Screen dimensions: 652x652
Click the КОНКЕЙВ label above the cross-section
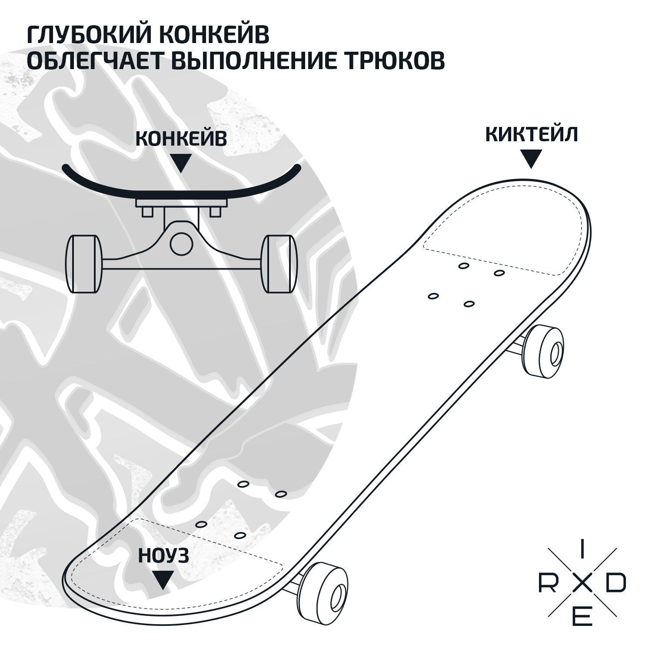click(181, 139)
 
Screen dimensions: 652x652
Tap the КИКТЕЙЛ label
click(531, 134)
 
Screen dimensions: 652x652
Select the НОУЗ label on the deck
click(163, 556)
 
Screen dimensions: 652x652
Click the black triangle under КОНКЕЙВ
click(182, 163)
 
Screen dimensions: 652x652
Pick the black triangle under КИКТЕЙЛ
click(531, 158)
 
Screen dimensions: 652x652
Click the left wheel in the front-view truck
click(83, 264)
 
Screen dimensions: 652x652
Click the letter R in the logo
click(546, 585)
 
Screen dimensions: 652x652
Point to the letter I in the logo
click(582, 554)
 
